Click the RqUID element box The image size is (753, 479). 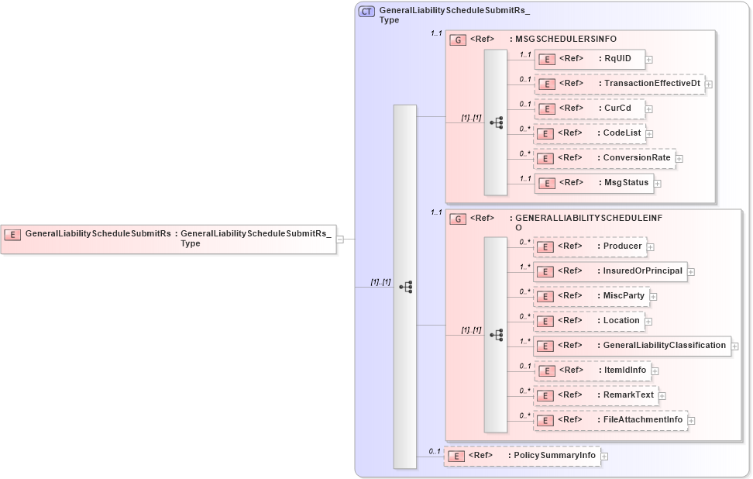coord(590,59)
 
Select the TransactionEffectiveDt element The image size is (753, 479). coord(619,84)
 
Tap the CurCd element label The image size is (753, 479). coord(617,109)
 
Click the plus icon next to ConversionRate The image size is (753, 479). coord(679,159)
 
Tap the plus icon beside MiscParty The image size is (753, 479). coord(653,296)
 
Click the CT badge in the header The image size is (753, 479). coord(366,12)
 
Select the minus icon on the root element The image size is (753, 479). coord(340,239)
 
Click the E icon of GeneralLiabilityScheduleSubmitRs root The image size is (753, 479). coord(12,234)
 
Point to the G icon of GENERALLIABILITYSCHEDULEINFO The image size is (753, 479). coord(458,219)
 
